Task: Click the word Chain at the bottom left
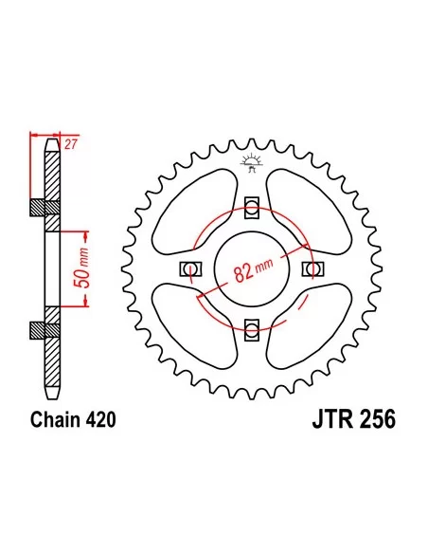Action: [x=55, y=420]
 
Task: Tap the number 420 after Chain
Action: [x=100, y=420]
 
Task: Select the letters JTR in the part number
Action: [x=332, y=419]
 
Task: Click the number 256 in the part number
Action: [x=377, y=419]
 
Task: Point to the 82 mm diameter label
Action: [x=253, y=270]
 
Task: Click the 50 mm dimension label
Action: [x=81, y=268]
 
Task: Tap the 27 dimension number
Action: [x=70, y=144]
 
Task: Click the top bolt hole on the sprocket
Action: [x=252, y=207]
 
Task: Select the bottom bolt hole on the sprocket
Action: [x=252, y=330]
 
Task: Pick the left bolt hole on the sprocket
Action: [x=190, y=268]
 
